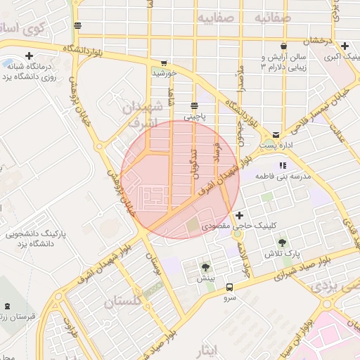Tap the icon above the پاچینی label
(x=194, y=105)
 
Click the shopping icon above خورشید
(x=164, y=61)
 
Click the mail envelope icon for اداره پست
(x=276, y=134)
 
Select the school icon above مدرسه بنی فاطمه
(x=283, y=165)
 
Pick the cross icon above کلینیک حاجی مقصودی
(x=240, y=215)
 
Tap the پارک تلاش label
(x=282, y=252)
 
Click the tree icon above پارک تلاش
(x=282, y=243)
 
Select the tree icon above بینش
(x=205, y=268)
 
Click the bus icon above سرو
(x=230, y=286)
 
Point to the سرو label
(x=230, y=297)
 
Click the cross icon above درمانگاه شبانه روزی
(x=29, y=56)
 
